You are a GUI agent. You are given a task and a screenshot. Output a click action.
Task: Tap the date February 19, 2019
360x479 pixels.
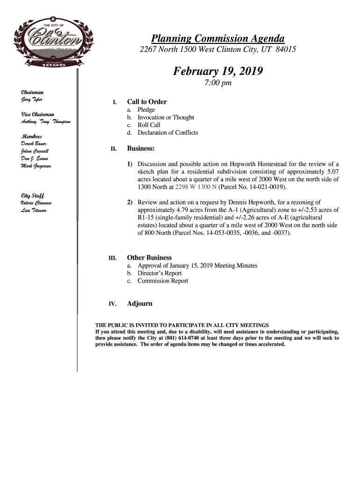coord(218,72)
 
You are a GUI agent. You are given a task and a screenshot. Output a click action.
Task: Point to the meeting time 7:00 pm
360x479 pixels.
coord(218,83)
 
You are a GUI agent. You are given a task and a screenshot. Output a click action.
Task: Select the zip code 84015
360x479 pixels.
coord(286,49)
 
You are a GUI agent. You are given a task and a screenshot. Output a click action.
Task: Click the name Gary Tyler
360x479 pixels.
coord(31,100)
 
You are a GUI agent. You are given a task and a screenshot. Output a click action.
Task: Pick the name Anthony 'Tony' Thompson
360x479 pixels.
coord(45,122)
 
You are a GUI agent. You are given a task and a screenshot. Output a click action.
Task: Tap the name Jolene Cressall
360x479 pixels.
coord(35,151)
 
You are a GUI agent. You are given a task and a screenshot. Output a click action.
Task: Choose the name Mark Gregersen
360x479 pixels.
coord(36,166)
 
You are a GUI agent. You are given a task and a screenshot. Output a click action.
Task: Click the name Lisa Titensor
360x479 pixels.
coord(34,210)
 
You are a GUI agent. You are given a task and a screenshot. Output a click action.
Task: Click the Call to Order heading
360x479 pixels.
coord(147,102)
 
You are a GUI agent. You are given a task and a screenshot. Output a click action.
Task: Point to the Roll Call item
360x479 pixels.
coord(149,125)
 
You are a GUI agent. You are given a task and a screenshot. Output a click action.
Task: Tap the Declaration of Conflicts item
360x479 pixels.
coord(167,132)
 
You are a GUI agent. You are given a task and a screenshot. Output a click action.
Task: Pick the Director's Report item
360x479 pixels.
coord(159,273)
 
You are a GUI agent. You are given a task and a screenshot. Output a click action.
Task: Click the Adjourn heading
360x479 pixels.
coord(140,304)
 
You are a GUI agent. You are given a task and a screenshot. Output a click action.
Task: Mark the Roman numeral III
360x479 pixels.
coord(112,258)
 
